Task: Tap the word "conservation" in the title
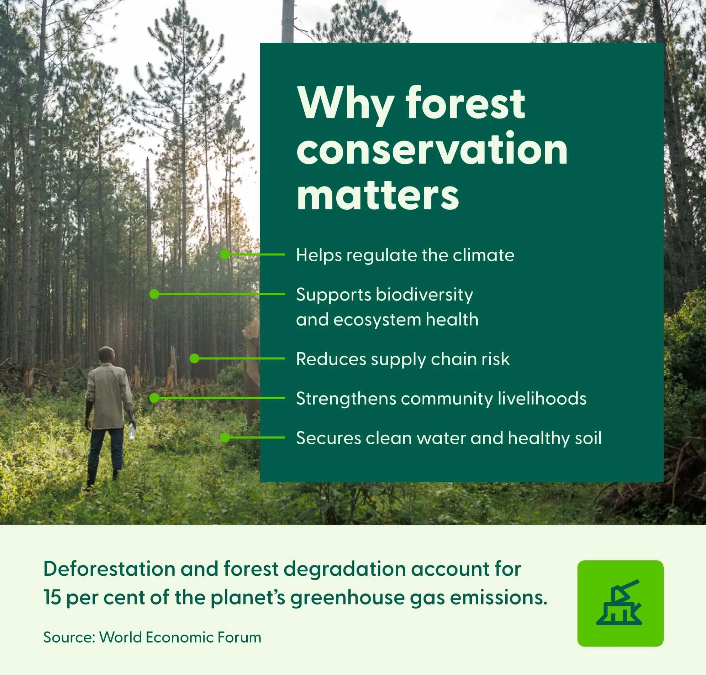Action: click(432, 148)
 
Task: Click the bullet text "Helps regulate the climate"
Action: click(405, 256)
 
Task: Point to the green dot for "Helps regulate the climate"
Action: click(225, 255)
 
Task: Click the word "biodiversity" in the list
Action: click(425, 295)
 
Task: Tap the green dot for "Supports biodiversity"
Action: click(154, 294)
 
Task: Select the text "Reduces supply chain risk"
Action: click(403, 359)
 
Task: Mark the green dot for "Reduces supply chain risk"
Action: click(194, 359)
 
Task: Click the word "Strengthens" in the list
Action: click(346, 399)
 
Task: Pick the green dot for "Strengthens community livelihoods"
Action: click(154, 398)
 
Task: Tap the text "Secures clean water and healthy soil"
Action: click(449, 438)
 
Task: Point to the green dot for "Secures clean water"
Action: click(225, 438)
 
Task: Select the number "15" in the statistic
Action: click(52, 598)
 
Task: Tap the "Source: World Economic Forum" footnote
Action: click(152, 638)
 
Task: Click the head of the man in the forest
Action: click(107, 355)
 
